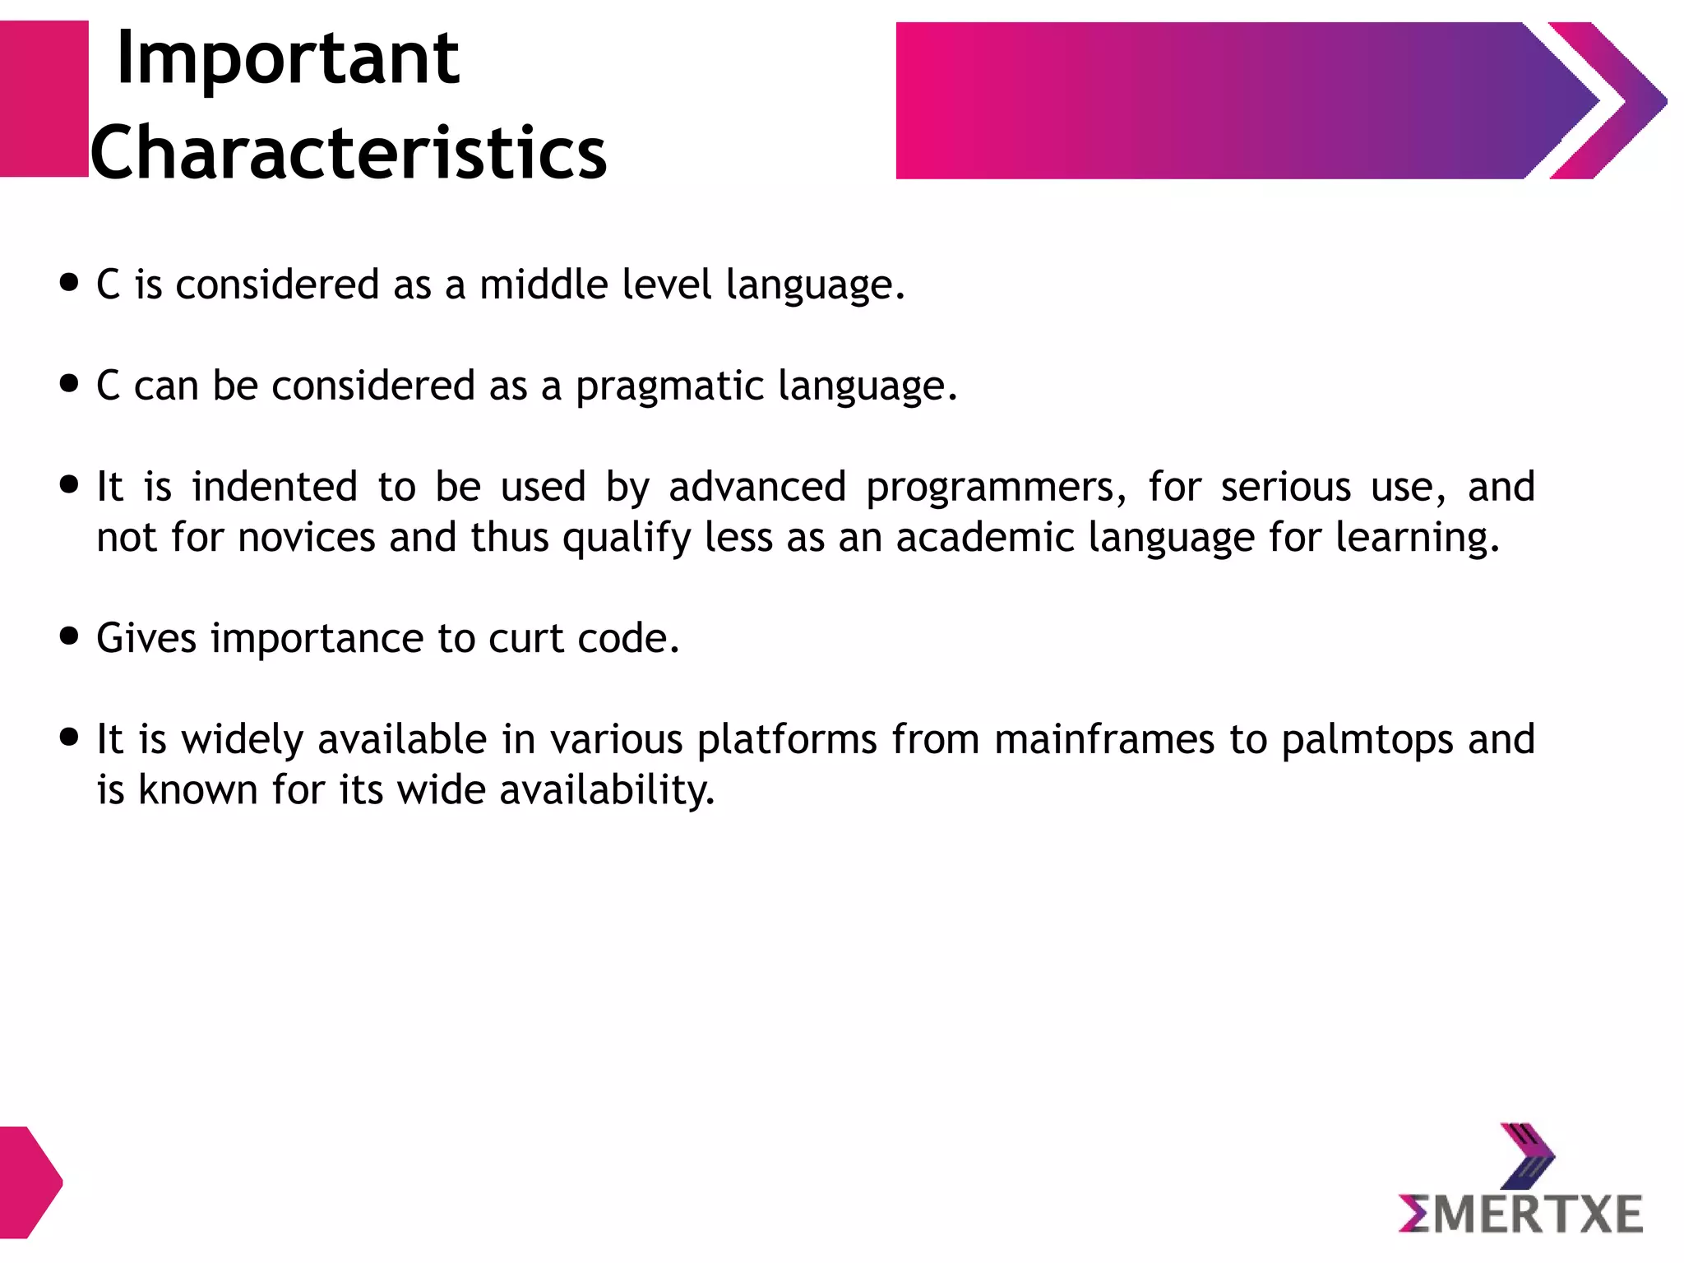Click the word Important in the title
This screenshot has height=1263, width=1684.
coord(288,59)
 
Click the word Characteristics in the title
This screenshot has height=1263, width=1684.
coord(348,153)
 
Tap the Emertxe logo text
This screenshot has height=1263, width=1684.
coord(1520,1214)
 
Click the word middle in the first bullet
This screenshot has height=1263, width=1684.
coord(544,285)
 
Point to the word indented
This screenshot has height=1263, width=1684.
coord(275,487)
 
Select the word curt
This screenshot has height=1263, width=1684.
coord(525,639)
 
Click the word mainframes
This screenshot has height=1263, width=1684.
coord(1103,739)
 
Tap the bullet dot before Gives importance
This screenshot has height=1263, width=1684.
coord(69,636)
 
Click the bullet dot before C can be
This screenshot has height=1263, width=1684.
coord(69,383)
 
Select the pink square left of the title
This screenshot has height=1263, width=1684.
coord(44,99)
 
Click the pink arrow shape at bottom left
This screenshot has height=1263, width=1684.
coord(29,1182)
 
